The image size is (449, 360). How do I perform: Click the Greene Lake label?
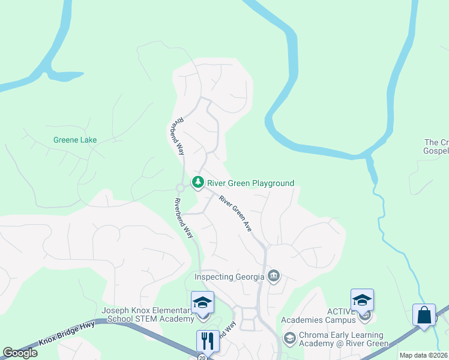pos(75,140)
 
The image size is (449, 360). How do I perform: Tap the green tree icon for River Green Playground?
pos(197,182)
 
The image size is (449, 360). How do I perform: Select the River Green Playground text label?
pos(251,182)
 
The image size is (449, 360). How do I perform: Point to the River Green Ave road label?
pos(235,214)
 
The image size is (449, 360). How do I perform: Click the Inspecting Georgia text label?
pos(229,277)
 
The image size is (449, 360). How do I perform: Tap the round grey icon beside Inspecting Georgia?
pos(274,276)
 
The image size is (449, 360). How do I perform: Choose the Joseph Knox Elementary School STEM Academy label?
pos(146,314)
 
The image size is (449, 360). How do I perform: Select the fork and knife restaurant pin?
pos(208,341)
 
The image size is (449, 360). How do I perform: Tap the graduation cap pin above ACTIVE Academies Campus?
pos(362,301)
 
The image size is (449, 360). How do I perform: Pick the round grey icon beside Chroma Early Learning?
pos(289,338)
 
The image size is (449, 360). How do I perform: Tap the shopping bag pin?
pos(424,316)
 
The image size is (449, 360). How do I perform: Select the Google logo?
pos(20,353)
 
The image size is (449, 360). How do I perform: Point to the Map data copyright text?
pos(424,355)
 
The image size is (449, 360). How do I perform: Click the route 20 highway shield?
pos(202,357)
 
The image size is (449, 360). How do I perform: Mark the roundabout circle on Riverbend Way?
pos(179,188)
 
